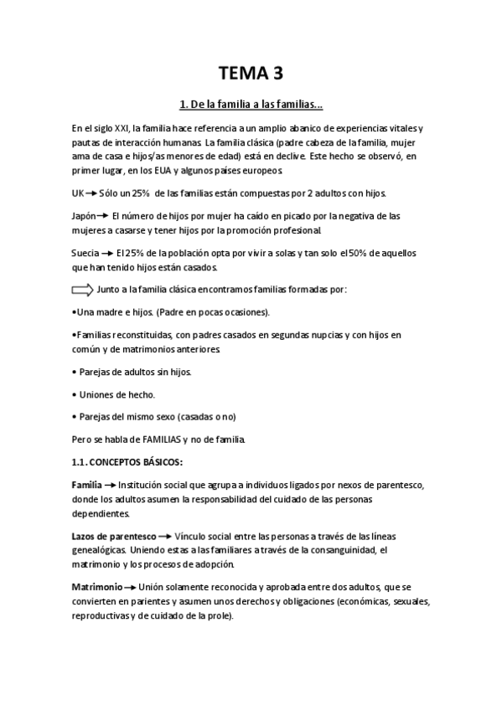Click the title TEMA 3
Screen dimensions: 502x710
click(251, 74)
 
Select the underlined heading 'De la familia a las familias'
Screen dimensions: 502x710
click(251, 105)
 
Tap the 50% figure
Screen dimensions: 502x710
click(353, 252)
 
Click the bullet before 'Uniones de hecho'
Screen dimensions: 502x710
click(75, 394)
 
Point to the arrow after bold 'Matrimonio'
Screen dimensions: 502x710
click(131, 587)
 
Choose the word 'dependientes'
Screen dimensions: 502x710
click(103, 514)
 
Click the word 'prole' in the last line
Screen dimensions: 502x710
click(222, 615)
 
